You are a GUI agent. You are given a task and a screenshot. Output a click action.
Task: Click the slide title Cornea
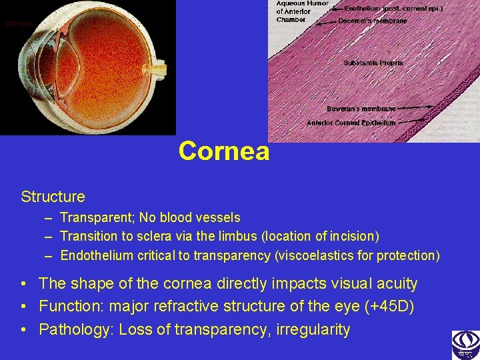224,151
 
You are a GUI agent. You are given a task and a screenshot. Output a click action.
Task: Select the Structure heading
53,197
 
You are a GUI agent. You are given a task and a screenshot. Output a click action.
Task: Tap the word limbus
243,236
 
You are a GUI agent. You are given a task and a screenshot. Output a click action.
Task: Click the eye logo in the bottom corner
465,345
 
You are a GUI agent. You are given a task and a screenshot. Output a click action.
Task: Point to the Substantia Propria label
373,63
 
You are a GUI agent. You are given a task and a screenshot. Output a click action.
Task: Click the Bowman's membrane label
361,108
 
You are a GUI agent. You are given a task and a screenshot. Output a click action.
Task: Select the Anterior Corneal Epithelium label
351,123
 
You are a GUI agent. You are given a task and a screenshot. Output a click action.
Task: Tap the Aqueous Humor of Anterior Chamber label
302,11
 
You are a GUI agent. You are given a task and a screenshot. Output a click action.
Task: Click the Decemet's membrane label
372,21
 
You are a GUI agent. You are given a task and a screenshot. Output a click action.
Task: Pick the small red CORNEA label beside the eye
19,23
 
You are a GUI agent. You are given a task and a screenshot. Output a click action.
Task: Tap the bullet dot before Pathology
24,329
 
